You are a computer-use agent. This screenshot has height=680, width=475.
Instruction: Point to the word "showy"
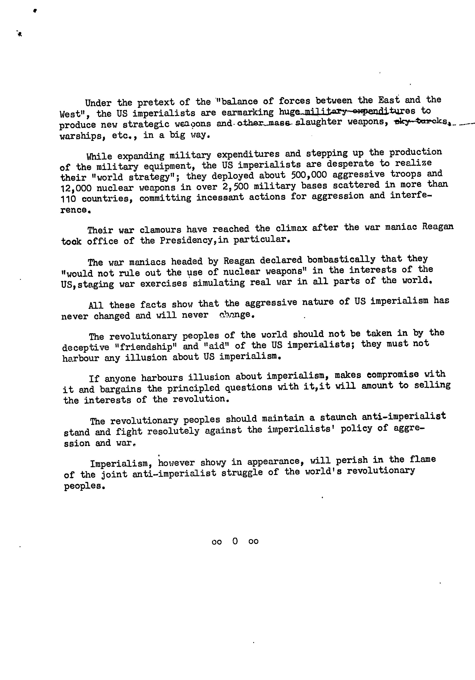(x=213, y=462)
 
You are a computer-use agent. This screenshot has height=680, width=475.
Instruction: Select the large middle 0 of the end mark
(x=235, y=541)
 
